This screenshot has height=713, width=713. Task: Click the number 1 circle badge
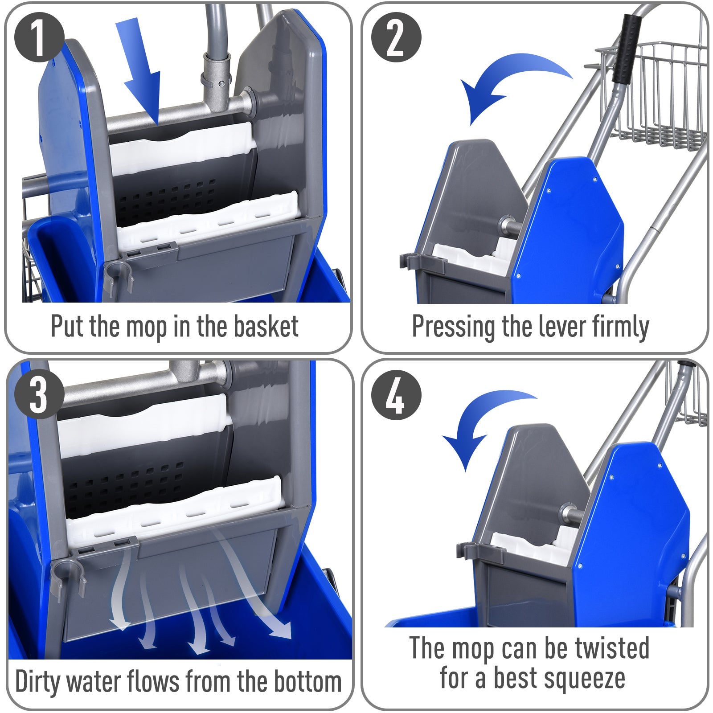click(x=39, y=37)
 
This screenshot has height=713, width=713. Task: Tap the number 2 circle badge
click(x=396, y=37)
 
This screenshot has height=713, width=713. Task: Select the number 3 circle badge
click(x=39, y=394)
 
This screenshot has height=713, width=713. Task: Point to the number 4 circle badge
click(x=396, y=395)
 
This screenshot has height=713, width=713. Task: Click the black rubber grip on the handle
click(x=627, y=49)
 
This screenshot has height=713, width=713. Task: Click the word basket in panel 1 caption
click(x=266, y=327)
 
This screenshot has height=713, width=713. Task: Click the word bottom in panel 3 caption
click(x=307, y=682)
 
